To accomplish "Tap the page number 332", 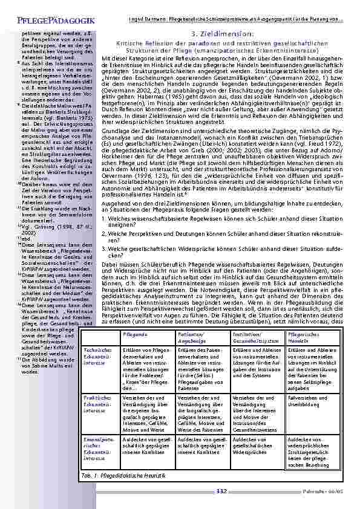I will (221, 492).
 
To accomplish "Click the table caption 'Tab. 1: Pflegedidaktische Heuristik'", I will (116, 477).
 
